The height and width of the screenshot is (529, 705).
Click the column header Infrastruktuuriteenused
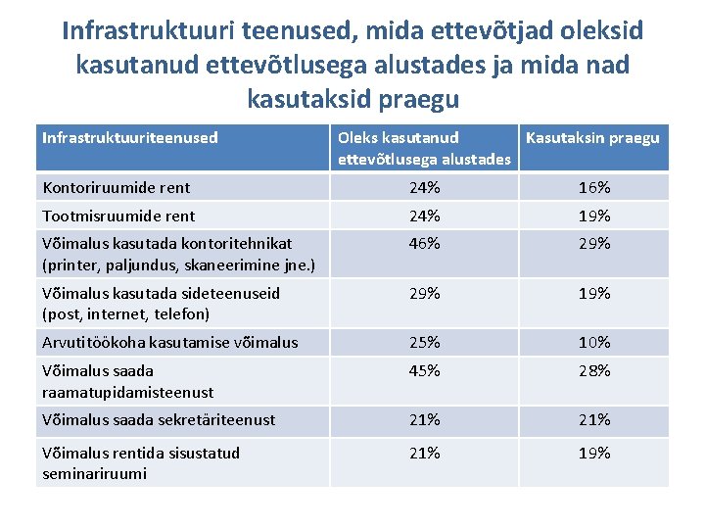130,138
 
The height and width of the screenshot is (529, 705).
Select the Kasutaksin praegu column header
592,138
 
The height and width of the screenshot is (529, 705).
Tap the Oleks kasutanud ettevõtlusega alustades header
424,148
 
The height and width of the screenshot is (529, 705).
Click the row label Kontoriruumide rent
117,187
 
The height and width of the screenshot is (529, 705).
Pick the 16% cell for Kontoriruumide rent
594,187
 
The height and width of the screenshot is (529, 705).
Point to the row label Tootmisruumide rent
118,216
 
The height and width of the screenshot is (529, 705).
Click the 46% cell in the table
425,244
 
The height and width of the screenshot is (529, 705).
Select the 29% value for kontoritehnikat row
594,244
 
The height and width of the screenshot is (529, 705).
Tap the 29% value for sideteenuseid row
425,293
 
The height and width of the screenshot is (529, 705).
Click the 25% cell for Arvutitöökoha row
425,342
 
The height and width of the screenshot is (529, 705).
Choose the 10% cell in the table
594,342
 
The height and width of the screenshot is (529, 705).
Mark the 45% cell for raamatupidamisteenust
425,370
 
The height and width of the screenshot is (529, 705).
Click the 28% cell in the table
594,370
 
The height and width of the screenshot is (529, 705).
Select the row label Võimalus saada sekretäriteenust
159,419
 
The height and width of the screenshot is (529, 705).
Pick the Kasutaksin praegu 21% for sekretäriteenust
594,419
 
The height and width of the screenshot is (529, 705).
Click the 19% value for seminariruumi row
594,453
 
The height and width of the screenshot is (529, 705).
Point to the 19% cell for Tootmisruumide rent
594,216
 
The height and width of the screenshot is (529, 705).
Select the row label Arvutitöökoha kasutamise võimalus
169,342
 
